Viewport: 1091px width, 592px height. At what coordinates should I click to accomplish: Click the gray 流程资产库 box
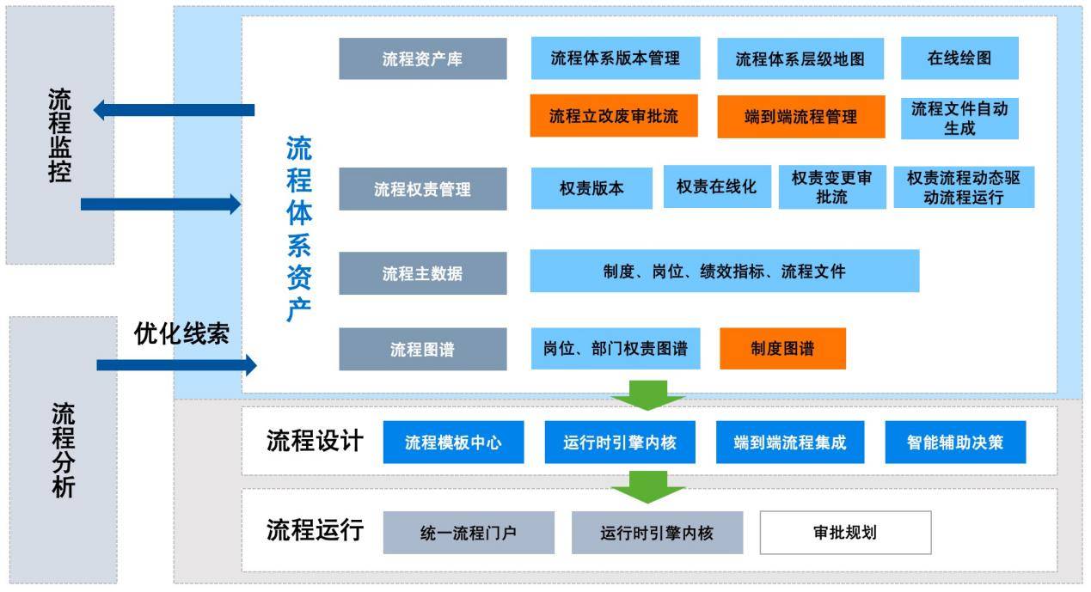[x=422, y=58]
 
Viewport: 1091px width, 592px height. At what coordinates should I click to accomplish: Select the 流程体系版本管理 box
[x=615, y=58]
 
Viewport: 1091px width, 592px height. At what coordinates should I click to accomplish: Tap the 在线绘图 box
[x=959, y=58]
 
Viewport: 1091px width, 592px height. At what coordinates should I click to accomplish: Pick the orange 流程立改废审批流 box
[x=613, y=116]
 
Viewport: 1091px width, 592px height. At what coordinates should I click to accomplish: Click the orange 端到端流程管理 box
[x=800, y=116]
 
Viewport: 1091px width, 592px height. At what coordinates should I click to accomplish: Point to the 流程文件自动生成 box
[x=959, y=119]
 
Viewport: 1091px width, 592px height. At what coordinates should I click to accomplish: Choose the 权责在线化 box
[x=716, y=186]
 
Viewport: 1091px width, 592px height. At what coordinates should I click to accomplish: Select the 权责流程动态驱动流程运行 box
[x=963, y=186]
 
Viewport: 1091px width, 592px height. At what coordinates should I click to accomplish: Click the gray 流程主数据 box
[x=422, y=273]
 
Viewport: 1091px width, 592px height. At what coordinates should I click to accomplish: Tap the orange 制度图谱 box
[x=782, y=348]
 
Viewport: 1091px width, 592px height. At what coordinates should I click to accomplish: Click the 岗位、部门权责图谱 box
[x=616, y=348]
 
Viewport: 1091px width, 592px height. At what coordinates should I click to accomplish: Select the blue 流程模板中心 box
[x=453, y=442]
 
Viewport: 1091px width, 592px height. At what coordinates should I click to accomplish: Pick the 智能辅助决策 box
[x=954, y=442]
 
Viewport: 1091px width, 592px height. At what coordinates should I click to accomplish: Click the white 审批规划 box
[x=844, y=532]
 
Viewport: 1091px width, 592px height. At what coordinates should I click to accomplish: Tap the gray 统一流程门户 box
[x=468, y=533]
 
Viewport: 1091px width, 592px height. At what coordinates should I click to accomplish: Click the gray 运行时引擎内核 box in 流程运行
[x=657, y=533]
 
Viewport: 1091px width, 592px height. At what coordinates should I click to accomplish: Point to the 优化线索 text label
[x=181, y=333]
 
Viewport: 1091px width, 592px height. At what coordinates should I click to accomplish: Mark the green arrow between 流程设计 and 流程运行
[x=647, y=486]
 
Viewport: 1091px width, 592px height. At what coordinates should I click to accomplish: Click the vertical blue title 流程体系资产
[x=298, y=228]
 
